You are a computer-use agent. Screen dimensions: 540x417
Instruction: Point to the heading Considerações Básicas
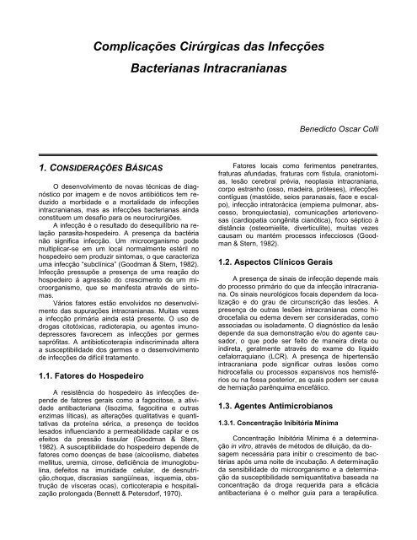pyautogui.click(x=92, y=170)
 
